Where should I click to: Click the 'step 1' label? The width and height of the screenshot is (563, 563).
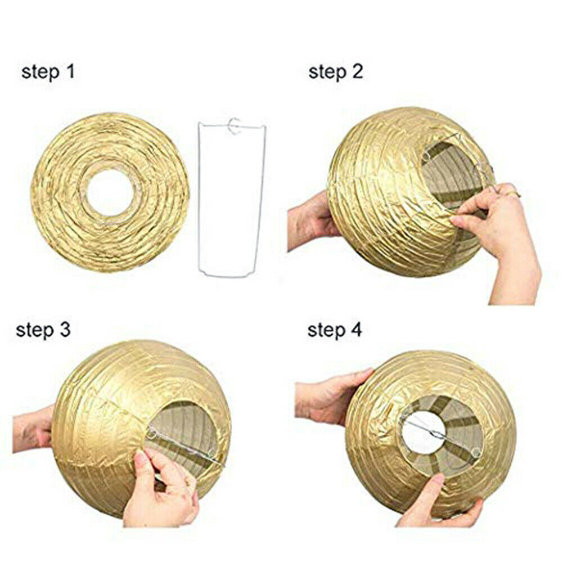(x=48, y=72)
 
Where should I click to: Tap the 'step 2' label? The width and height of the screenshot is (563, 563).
(x=335, y=72)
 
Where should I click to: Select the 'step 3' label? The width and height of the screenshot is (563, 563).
(x=43, y=330)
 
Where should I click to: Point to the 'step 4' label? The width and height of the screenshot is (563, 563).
(x=334, y=330)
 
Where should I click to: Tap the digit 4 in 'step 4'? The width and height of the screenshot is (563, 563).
(x=356, y=329)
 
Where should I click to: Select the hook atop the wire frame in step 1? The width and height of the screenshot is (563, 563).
(x=234, y=126)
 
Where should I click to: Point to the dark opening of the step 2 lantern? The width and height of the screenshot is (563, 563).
(x=453, y=176)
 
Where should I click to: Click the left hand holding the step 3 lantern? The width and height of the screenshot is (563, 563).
(x=34, y=429)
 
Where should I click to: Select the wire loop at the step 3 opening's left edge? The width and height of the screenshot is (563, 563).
(x=152, y=434)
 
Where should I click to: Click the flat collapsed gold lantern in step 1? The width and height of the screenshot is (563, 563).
(x=110, y=192)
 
